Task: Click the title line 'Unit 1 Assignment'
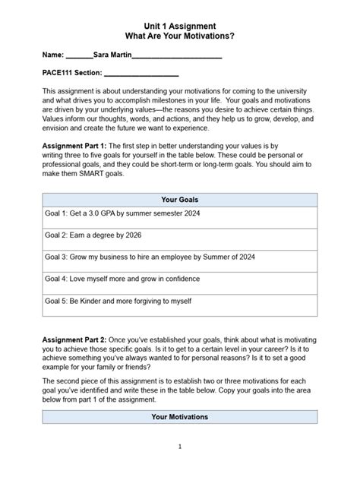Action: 180,26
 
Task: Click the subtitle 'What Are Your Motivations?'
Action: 180,36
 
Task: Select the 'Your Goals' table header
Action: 180,200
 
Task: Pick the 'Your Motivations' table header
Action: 180,417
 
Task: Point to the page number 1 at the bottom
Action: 180,446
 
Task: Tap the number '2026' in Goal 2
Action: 131,235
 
